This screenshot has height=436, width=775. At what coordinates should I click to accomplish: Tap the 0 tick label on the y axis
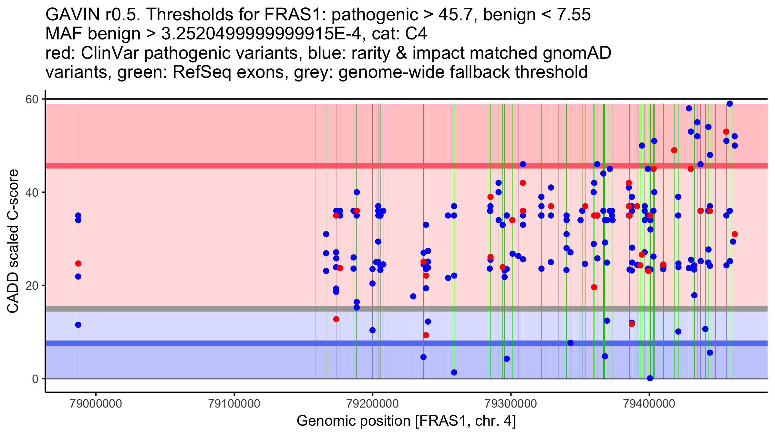[x=35, y=379]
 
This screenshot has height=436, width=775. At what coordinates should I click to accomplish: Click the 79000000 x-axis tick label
[x=96, y=403]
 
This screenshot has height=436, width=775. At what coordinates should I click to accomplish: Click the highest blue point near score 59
[x=729, y=104]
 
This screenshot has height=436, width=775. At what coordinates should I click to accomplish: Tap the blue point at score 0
[x=650, y=378]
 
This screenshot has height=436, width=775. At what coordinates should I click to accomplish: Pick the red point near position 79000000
[x=78, y=264]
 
